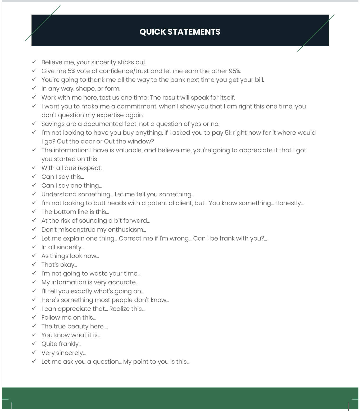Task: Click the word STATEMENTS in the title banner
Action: (194, 32)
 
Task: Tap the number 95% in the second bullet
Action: (235, 71)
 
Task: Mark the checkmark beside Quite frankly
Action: (34, 344)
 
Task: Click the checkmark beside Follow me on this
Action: (34, 317)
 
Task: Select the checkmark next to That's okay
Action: (34, 264)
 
